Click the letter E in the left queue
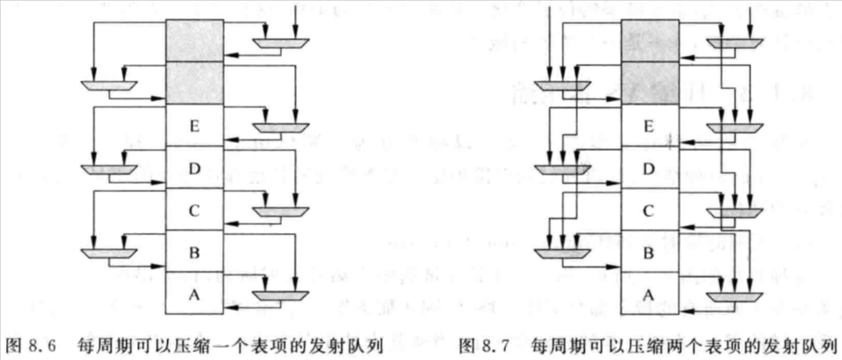(x=194, y=126)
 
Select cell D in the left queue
(x=194, y=167)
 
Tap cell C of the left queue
(x=194, y=209)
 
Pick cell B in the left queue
(x=194, y=251)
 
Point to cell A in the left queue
(x=194, y=293)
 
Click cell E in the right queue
(x=649, y=126)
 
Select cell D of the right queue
(x=649, y=167)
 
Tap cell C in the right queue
(x=649, y=209)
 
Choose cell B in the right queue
(x=649, y=251)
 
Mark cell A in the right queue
(x=649, y=293)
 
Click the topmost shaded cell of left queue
(x=194, y=41)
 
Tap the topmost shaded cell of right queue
(x=649, y=41)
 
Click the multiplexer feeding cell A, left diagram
(x=280, y=296)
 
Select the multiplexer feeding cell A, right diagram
(x=735, y=297)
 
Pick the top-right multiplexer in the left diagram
(x=280, y=43)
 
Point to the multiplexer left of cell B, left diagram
(x=109, y=253)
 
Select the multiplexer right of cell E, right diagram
(x=735, y=128)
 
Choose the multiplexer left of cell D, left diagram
(x=109, y=169)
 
